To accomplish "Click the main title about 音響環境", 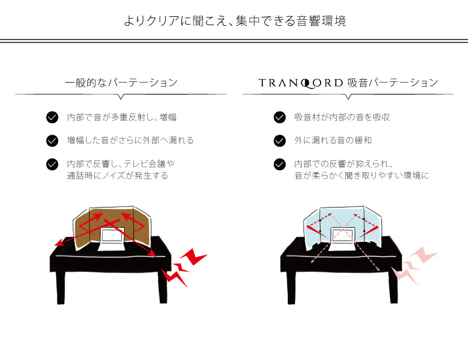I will pyautogui.click(x=234, y=21).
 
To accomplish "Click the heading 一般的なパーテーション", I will pyautogui.click(x=121, y=83).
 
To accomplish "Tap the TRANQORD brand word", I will pyautogui.click(x=300, y=83).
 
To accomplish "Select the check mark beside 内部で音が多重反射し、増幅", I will pyautogui.click(x=52, y=117).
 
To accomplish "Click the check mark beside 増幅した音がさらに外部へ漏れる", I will pyautogui.click(x=52, y=140).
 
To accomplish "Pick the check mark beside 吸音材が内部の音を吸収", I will pyautogui.click(x=280, y=117).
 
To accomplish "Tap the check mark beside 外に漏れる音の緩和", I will pyautogui.click(x=280, y=140).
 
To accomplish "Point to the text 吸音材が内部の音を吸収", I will pyautogui.click(x=342, y=117).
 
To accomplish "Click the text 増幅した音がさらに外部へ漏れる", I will pyautogui.click(x=130, y=140).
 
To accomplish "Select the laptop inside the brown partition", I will pyautogui.click(x=111, y=238).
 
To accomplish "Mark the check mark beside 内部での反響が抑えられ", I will pyautogui.click(x=280, y=164).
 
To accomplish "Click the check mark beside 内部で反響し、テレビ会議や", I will pyautogui.click(x=52, y=164).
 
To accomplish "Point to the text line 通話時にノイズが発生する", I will pyautogui.click(x=118, y=175).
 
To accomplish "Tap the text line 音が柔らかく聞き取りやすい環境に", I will pyautogui.click(x=362, y=175).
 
